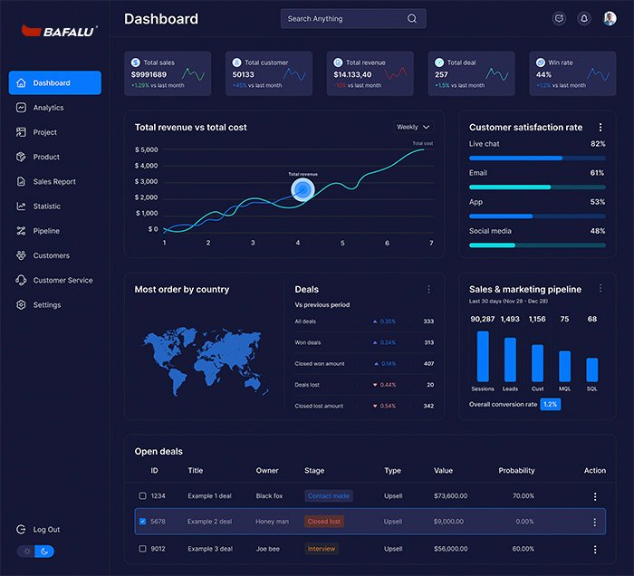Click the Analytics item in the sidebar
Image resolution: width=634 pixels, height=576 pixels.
pos(48,108)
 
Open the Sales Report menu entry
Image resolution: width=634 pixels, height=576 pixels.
pos(54,181)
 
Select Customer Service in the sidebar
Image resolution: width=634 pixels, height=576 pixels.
pos(62,280)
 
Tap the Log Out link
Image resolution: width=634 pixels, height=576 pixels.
pos(46,529)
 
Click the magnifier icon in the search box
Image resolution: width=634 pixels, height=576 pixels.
pos(412,18)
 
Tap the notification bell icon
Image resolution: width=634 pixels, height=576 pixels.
pos(583,18)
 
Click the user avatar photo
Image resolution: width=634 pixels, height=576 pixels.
pos(610,18)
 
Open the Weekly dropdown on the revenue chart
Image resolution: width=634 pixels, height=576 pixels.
pos(413,127)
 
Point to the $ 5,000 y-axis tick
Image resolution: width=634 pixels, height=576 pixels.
pos(146,149)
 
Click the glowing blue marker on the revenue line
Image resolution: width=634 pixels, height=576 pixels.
pos(303,188)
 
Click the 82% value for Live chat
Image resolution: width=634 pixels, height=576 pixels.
pos(598,144)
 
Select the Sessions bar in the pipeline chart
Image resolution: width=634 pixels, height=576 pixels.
pos(483,356)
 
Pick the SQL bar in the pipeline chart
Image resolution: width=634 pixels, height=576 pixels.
pos(592,370)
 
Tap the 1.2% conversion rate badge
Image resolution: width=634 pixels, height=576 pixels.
pos(550,404)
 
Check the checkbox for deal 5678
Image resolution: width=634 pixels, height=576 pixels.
pos(142,522)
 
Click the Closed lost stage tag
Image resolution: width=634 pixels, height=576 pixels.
pos(323,522)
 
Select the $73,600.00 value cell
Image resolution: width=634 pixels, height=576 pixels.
pos(450,496)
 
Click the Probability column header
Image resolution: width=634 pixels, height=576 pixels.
pos(516,471)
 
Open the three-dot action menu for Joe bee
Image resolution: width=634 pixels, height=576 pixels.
pos(595,549)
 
